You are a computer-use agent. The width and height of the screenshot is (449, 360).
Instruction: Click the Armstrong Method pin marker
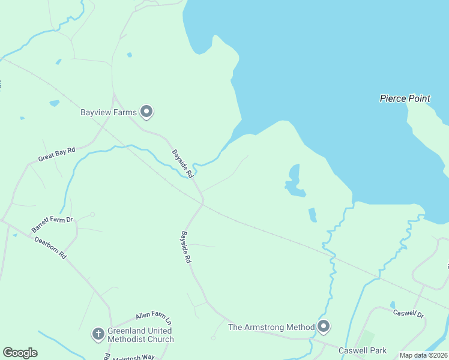(x=324, y=327)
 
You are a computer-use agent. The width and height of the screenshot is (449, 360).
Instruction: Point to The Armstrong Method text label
(x=271, y=327)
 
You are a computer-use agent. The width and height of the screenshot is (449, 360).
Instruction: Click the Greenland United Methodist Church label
(x=140, y=335)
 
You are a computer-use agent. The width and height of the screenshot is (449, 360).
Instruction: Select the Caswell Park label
(x=361, y=350)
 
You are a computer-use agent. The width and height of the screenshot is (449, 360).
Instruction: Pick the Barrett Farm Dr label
(x=52, y=225)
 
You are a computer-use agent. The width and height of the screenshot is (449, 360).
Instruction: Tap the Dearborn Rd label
(x=50, y=248)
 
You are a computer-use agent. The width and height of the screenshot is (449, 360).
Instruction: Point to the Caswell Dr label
(x=408, y=313)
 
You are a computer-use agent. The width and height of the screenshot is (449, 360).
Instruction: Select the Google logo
(x=20, y=353)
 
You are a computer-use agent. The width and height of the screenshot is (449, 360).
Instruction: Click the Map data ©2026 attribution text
(x=423, y=355)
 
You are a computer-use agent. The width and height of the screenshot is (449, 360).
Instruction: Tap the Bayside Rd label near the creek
(x=182, y=164)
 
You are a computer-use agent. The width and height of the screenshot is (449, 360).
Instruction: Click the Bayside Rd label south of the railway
(x=186, y=247)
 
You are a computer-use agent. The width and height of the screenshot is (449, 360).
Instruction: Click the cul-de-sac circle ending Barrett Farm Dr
(x=92, y=214)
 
